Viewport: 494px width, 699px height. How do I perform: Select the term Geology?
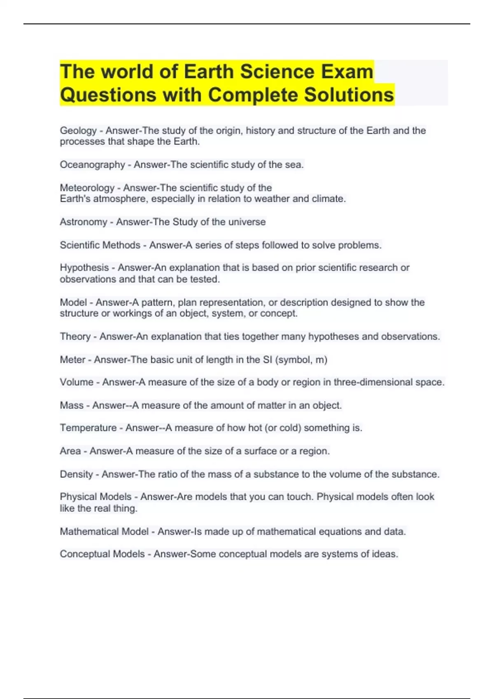point(78,131)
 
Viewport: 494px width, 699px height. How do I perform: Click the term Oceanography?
point(92,165)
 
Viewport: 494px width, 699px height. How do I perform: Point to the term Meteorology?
point(87,188)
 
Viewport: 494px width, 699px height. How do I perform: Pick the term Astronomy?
point(84,222)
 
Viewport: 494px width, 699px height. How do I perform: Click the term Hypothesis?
point(84,268)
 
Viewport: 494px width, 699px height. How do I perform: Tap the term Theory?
point(75,336)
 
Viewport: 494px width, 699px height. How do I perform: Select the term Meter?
point(73,360)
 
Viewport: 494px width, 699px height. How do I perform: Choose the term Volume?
point(77,382)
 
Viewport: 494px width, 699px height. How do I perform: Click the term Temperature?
point(88,428)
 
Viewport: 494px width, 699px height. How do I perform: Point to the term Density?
point(76,474)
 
